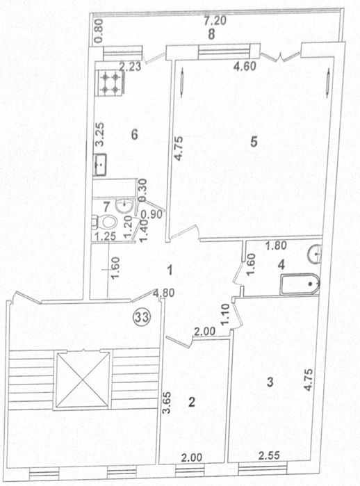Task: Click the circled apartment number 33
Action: [141, 317]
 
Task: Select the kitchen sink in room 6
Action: [100, 164]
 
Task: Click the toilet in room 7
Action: [106, 222]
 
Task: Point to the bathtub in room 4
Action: [300, 284]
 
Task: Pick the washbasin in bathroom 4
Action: [314, 254]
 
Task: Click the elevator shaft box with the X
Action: [82, 380]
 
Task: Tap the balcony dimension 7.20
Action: [215, 21]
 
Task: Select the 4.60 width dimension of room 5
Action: [245, 66]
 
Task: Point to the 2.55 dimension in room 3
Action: [269, 455]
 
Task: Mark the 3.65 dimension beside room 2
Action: [167, 403]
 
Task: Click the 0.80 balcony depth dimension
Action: [99, 31]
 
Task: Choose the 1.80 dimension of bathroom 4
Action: [277, 245]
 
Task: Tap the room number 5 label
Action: [254, 142]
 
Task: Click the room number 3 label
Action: [270, 382]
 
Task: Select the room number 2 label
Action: [192, 402]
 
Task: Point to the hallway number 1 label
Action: [170, 270]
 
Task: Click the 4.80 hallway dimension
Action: [164, 293]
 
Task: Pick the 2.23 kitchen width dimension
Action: [131, 67]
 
